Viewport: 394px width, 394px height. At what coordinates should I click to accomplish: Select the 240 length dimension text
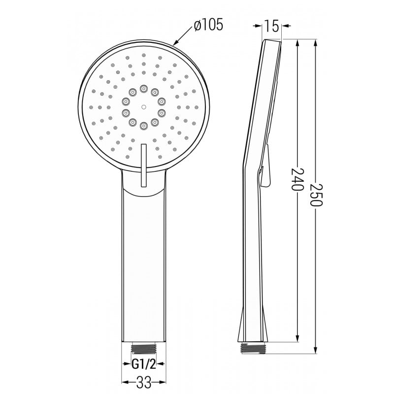point(296,179)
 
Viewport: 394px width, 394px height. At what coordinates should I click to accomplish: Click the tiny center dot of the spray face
point(143,106)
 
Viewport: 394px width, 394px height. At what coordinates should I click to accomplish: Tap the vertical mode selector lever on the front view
point(143,165)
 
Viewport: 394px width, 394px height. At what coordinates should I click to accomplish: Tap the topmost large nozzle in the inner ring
point(143,88)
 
